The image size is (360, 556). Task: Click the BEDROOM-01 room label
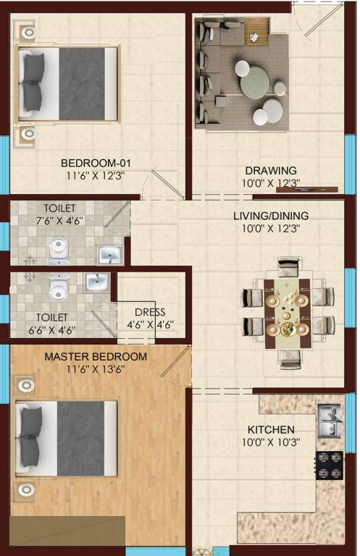pos(95,163)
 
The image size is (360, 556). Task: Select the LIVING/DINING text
pos(270,216)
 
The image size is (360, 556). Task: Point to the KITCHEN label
pos(268,429)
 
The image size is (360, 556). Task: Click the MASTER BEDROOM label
pos(96,357)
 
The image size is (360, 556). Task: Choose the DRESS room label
pos(151,312)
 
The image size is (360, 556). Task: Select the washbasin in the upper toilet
pos(110,255)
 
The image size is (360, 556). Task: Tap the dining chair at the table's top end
pos(288,266)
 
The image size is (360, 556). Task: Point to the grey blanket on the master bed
pos(80,439)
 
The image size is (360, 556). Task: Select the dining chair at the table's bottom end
pos(289,358)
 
